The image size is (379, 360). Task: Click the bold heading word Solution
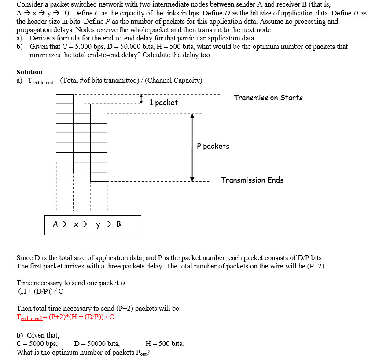click(x=29, y=72)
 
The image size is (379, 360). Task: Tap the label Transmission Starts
click(x=268, y=98)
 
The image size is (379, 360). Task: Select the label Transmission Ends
click(x=252, y=180)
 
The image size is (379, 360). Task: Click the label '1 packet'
click(x=163, y=103)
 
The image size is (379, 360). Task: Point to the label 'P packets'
click(x=213, y=146)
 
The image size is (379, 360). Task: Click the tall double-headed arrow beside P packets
click(x=192, y=147)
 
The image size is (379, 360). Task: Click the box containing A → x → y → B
click(x=93, y=224)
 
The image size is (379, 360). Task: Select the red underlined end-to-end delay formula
click(x=65, y=317)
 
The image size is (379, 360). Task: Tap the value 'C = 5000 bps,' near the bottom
click(x=37, y=344)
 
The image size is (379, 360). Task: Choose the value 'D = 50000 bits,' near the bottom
click(x=97, y=344)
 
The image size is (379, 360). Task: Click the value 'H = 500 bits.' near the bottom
click(x=164, y=344)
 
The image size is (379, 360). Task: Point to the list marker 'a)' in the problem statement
click(x=20, y=38)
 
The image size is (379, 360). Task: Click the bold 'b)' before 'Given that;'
click(x=20, y=335)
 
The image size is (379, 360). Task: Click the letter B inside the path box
click(x=118, y=224)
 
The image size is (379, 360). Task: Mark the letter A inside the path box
click(x=56, y=224)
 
